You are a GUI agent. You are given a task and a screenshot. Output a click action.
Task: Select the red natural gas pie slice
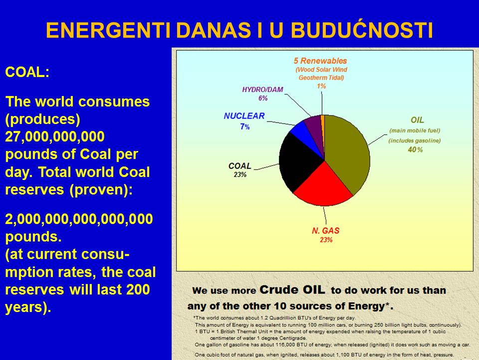coord(322,186)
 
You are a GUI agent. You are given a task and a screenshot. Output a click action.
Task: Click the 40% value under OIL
coord(415,149)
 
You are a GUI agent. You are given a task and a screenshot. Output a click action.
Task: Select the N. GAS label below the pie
coord(326,230)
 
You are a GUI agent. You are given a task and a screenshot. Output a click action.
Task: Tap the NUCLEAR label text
coord(244,116)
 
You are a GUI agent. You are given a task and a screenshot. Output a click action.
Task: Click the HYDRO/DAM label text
coord(263,89)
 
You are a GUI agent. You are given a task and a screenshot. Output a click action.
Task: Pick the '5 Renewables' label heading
coord(320,60)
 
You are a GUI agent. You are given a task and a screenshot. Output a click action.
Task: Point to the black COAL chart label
coord(240,166)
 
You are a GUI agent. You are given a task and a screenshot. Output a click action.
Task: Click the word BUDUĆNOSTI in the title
coord(362,30)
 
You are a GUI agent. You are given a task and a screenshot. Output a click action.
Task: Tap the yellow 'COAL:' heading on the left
coord(27,72)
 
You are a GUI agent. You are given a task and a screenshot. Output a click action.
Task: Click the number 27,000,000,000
coord(55,136)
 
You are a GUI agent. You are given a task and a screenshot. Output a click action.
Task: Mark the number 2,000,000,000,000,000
coord(79,219)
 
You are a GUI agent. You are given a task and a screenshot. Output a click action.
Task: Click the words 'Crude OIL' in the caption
coord(292,289)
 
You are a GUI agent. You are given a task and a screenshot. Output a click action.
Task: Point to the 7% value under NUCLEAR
coord(244,126)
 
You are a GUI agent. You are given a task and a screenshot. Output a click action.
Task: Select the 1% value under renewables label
coord(321,86)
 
